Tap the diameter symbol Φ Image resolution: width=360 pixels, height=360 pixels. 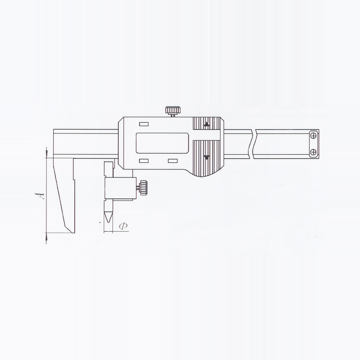pyautogui.click(x=123, y=226)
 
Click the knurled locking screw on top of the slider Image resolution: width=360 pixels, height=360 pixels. pyautogui.click(x=172, y=111)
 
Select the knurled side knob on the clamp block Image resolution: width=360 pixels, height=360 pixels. pyautogui.click(x=143, y=188)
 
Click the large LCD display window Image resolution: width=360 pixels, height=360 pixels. pyautogui.click(x=162, y=143)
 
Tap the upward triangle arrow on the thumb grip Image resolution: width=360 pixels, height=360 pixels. pyautogui.click(x=207, y=124)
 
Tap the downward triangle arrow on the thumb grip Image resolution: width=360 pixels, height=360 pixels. pyautogui.click(x=207, y=157)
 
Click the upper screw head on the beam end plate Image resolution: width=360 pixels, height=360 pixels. pyautogui.click(x=313, y=136)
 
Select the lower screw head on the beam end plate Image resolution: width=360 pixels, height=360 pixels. pyautogui.click(x=313, y=152)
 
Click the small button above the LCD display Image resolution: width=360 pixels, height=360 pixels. pyautogui.click(x=144, y=124)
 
